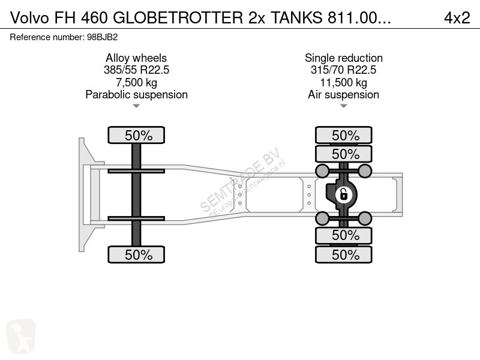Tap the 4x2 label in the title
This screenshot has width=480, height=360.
(457, 19)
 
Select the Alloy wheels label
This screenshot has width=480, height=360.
(136, 58)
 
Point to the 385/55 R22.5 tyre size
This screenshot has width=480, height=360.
(136, 70)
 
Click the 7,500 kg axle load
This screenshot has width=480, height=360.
(136, 82)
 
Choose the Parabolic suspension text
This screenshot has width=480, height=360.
(136, 95)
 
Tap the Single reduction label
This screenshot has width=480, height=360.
(343, 58)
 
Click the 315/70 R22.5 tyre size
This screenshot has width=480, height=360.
(343, 70)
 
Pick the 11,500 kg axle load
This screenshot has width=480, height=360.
(343, 82)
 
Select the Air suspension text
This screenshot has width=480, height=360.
(343, 95)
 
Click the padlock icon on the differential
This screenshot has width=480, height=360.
(343, 194)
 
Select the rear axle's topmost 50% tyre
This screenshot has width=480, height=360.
(345, 136)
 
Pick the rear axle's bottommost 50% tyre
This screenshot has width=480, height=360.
(345, 254)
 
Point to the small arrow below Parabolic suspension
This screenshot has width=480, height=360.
(136, 106)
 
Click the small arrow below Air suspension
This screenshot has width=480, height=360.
(343, 106)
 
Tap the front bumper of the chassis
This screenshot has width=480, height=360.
(82, 194)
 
